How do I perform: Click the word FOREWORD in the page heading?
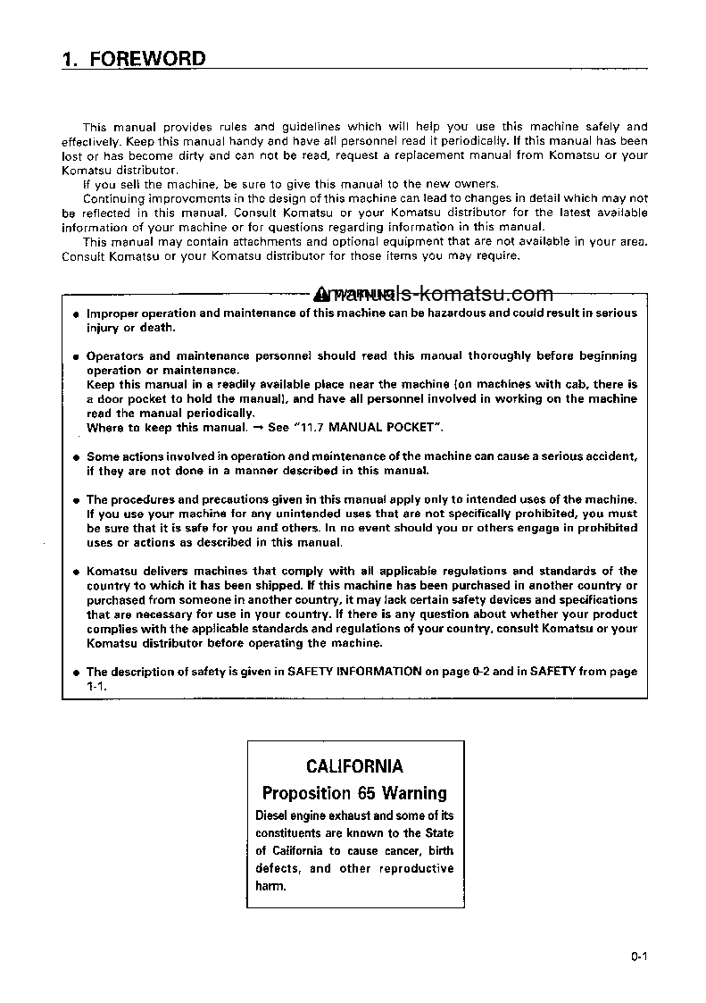pos(148,60)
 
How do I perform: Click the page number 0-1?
pos(637,957)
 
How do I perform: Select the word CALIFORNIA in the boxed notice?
pos(354,766)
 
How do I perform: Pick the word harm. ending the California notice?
pos(270,887)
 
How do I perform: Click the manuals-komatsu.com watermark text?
pos(435,294)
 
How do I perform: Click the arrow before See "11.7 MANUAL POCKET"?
pos(255,428)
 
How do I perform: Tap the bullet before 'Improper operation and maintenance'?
pos(76,314)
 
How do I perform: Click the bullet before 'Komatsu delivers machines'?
pos(76,572)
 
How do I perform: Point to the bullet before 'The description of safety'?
pos(76,672)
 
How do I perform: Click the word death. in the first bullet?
pos(156,327)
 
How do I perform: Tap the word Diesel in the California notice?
pos(273,815)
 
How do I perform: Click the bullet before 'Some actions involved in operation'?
pos(76,457)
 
